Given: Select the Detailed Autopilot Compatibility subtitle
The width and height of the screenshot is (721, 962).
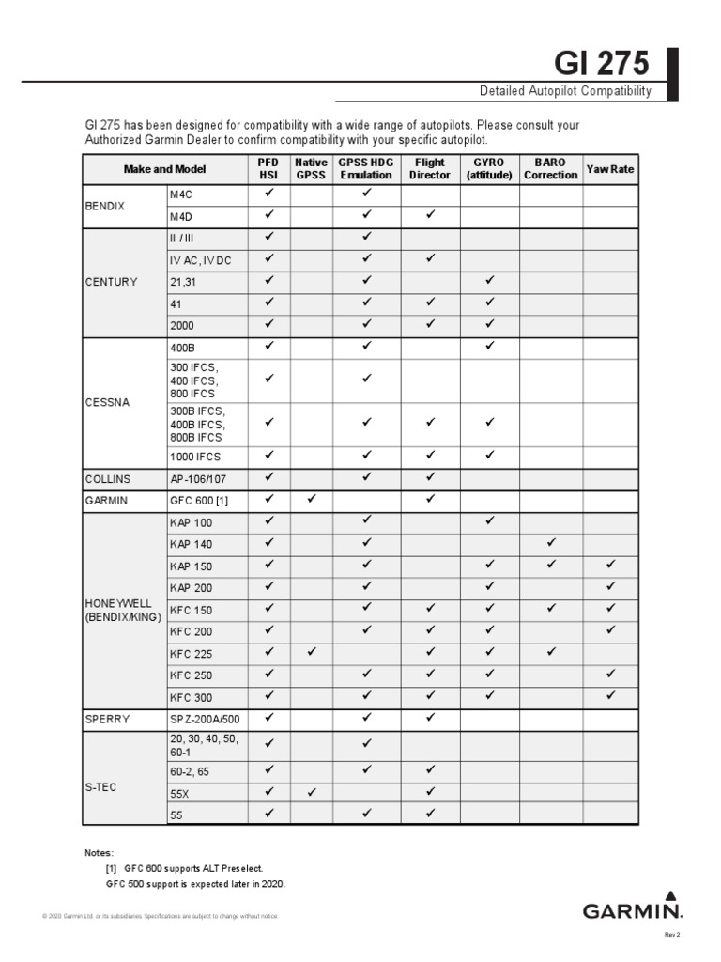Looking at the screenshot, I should click(565, 91).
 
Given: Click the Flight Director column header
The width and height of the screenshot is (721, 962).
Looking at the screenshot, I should click(430, 169).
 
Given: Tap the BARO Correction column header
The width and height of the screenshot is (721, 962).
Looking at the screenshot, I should click(551, 169).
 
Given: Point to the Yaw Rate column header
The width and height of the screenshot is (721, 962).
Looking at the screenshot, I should click(610, 169).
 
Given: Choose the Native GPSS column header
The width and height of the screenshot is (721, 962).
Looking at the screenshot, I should click(311, 169).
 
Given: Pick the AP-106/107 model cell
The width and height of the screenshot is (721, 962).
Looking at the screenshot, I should click(200, 478).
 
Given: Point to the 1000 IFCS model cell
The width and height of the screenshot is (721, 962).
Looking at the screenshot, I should click(195, 457).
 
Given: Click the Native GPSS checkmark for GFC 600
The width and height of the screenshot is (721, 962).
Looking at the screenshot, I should click(312, 500).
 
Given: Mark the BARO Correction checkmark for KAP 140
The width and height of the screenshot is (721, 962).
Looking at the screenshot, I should click(551, 543).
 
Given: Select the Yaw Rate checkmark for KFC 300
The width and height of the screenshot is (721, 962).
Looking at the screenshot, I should click(611, 696).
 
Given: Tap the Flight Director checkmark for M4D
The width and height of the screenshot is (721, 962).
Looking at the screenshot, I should click(430, 215).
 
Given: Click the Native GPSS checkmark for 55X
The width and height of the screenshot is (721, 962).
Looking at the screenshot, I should click(312, 792).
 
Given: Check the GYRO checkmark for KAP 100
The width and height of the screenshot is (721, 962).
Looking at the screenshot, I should click(490, 521).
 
